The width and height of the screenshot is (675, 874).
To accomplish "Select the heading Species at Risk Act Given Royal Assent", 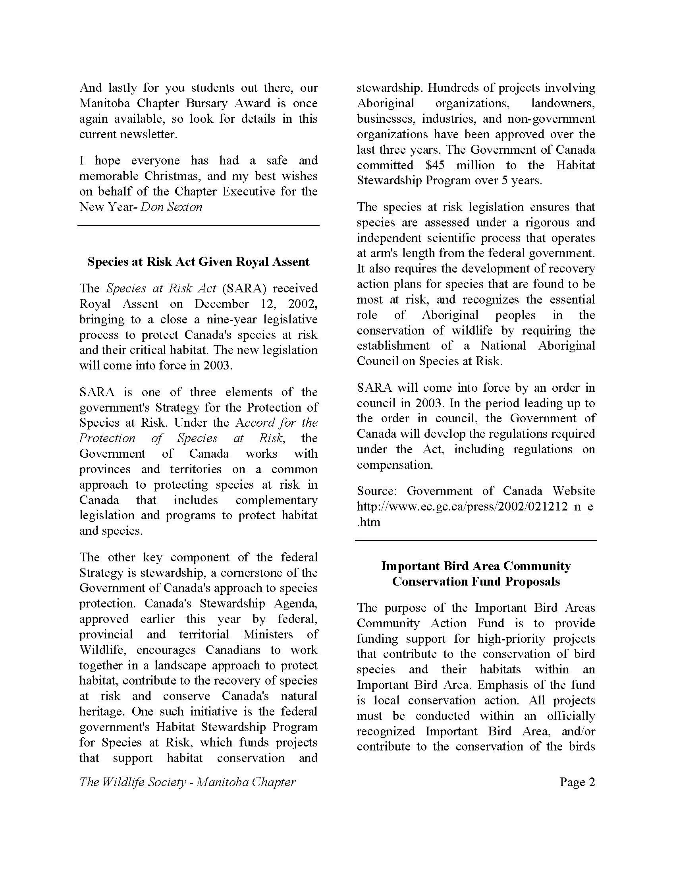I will point(199,262).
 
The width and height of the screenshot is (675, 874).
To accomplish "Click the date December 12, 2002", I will point(256,304).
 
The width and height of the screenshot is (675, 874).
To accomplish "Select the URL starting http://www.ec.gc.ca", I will point(474,507).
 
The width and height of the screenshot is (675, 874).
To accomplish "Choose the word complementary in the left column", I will point(276,500).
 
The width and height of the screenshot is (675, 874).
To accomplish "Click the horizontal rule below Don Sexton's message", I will point(199,226).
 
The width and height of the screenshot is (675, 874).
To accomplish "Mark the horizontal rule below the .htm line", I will point(476,540).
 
